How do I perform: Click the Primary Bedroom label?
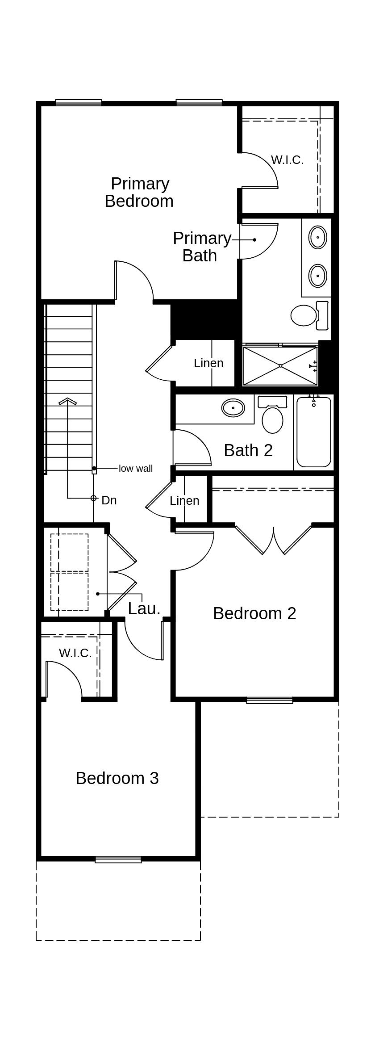(139, 193)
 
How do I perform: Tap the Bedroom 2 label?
(254, 613)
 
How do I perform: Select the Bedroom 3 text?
(117, 778)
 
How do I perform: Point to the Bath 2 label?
(248, 450)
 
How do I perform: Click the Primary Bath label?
(202, 247)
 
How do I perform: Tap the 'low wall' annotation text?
(136, 468)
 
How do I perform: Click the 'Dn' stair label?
(109, 500)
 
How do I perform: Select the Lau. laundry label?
(144, 608)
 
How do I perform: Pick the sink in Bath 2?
(233, 408)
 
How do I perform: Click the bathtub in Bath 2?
(314, 432)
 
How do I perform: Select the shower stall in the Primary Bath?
(280, 365)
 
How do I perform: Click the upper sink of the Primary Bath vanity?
(317, 237)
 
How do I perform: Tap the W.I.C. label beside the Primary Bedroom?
(287, 160)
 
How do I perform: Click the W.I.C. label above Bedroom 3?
(75, 653)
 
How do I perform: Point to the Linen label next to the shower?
(208, 363)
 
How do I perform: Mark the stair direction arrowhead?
(67, 401)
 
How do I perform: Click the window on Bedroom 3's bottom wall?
(118, 859)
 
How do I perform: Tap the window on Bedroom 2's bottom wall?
(270, 700)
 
